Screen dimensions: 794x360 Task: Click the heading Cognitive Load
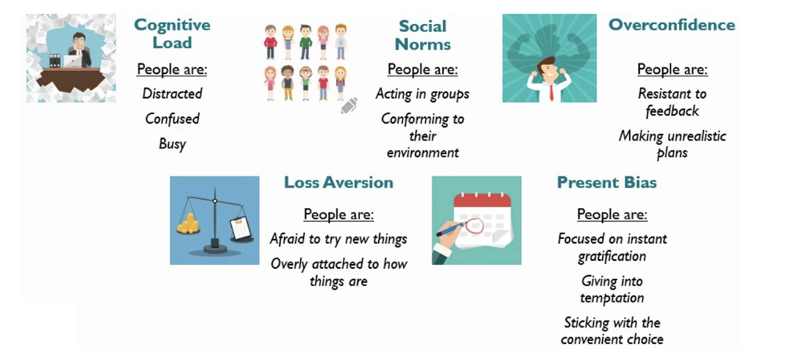click(172, 34)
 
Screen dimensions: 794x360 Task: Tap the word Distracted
click(172, 94)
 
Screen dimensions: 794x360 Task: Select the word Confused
click(172, 118)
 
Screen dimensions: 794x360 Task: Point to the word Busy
click(172, 144)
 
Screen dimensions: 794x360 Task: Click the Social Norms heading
click(423, 35)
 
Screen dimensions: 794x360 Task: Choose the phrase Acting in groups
click(423, 94)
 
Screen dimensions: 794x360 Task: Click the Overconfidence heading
click(672, 25)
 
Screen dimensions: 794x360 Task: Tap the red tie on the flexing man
click(552, 92)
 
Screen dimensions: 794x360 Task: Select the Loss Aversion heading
click(338, 182)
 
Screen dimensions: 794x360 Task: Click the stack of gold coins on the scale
click(188, 223)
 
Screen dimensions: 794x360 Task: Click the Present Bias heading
click(607, 182)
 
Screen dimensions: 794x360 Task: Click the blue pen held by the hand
click(450, 229)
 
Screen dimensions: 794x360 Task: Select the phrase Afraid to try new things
click(338, 239)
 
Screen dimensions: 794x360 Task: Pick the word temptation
click(612, 298)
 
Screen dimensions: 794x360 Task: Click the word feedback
click(672, 111)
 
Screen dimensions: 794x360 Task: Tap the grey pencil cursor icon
click(349, 106)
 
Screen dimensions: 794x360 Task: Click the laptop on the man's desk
click(73, 61)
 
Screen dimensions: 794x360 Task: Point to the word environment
click(423, 153)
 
